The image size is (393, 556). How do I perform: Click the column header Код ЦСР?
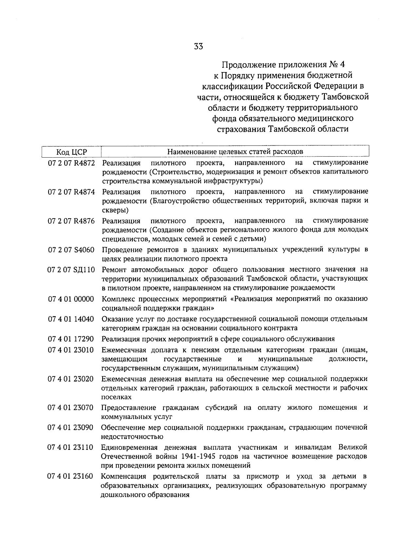pos(71,152)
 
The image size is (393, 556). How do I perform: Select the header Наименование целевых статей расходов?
pos(235,152)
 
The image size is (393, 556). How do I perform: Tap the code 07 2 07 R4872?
pos(71,163)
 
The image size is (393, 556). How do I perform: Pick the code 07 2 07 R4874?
pos(71,192)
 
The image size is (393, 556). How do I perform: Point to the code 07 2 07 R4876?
pos(71,220)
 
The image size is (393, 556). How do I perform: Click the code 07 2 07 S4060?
pos(71,250)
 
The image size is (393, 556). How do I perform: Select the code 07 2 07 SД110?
pos(71,270)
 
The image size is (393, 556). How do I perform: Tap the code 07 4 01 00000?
pos(71,299)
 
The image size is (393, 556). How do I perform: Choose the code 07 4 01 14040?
pos(71,319)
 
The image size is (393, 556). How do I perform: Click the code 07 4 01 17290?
pos(71,339)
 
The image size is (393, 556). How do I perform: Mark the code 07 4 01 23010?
pos(71,350)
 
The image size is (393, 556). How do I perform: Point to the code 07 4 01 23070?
pos(71,408)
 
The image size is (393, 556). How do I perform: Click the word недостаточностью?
pos(132,437)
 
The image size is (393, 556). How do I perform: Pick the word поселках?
pos(116,397)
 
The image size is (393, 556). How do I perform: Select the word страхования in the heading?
pos(240,129)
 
